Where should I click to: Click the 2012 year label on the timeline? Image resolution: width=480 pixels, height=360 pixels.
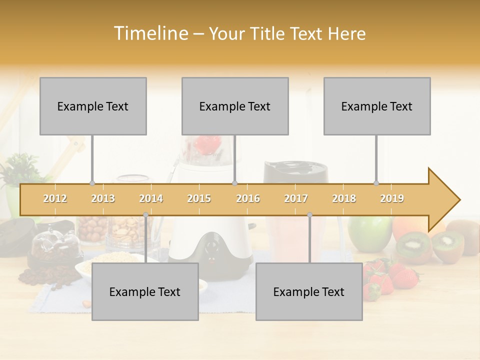pyautogui.click(x=55, y=198)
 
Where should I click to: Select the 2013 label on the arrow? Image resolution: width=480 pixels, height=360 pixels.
pyautogui.click(x=103, y=198)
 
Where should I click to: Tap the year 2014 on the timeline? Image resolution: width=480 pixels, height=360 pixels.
pyautogui.click(x=151, y=198)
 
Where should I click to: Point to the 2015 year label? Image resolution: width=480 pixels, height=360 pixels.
pyautogui.click(x=199, y=198)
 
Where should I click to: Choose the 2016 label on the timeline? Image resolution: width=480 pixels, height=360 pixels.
pyautogui.click(x=248, y=198)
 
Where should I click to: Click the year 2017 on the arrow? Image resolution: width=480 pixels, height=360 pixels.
pyautogui.click(x=296, y=198)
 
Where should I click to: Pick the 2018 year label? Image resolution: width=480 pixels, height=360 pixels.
pyautogui.click(x=344, y=198)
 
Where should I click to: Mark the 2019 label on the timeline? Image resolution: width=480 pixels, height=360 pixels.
pyautogui.click(x=392, y=198)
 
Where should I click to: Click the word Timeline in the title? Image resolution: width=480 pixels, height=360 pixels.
pyautogui.click(x=150, y=33)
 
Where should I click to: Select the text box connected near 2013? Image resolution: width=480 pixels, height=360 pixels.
pyautogui.click(x=93, y=106)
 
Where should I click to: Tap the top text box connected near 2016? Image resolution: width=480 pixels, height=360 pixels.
pyautogui.click(x=235, y=106)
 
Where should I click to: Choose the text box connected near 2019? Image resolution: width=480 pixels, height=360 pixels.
pyautogui.click(x=377, y=106)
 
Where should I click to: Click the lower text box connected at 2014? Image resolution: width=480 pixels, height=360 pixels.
pyautogui.click(x=145, y=291)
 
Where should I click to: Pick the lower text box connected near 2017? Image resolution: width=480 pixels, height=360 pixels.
pyautogui.click(x=309, y=291)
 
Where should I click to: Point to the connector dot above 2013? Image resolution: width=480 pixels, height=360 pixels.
pyautogui.click(x=92, y=183)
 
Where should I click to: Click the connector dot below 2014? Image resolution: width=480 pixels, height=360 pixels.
pyautogui.click(x=145, y=215)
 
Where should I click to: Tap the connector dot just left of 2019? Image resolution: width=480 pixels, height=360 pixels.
pyautogui.click(x=376, y=183)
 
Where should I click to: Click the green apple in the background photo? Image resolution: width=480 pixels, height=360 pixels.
pyautogui.click(x=370, y=232)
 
